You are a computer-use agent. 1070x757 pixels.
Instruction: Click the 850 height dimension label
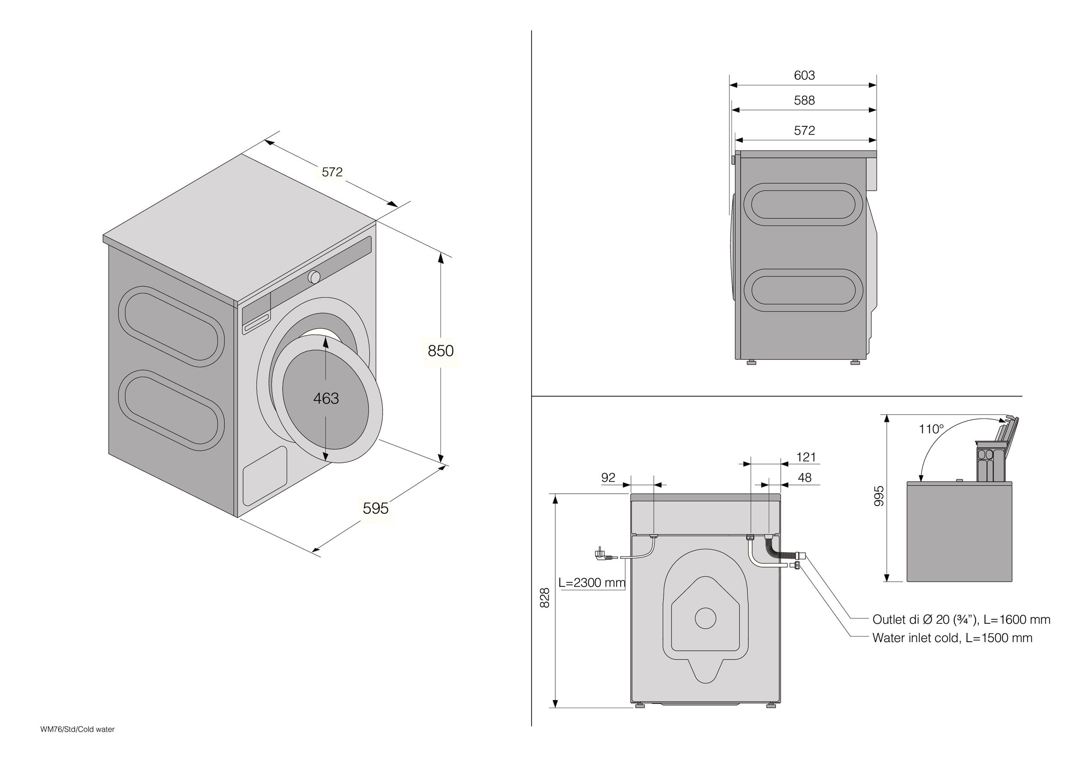[440, 351]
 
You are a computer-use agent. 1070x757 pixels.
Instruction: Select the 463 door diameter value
[326, 398]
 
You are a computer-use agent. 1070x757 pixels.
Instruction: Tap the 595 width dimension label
[376, 508]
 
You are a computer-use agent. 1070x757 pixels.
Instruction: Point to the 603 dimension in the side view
[804, 75]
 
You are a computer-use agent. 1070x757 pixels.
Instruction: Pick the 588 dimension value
[804, 100]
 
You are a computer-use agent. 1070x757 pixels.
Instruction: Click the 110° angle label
[931, 429]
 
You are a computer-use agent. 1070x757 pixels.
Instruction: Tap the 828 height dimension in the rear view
[544, 598]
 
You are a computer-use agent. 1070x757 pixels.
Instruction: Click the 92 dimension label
[608, 478]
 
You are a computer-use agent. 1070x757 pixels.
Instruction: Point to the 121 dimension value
[806, 457]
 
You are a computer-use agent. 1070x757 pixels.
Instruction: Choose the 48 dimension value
[804, 478]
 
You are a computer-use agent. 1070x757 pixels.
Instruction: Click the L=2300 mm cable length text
[592, 583]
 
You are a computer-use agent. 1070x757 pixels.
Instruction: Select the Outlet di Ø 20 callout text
[961, 619]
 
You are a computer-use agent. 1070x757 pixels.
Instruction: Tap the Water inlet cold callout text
[952, 637]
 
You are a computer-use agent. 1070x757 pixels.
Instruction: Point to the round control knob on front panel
[314, 277]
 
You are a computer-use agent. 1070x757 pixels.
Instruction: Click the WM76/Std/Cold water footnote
[77, 730]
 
